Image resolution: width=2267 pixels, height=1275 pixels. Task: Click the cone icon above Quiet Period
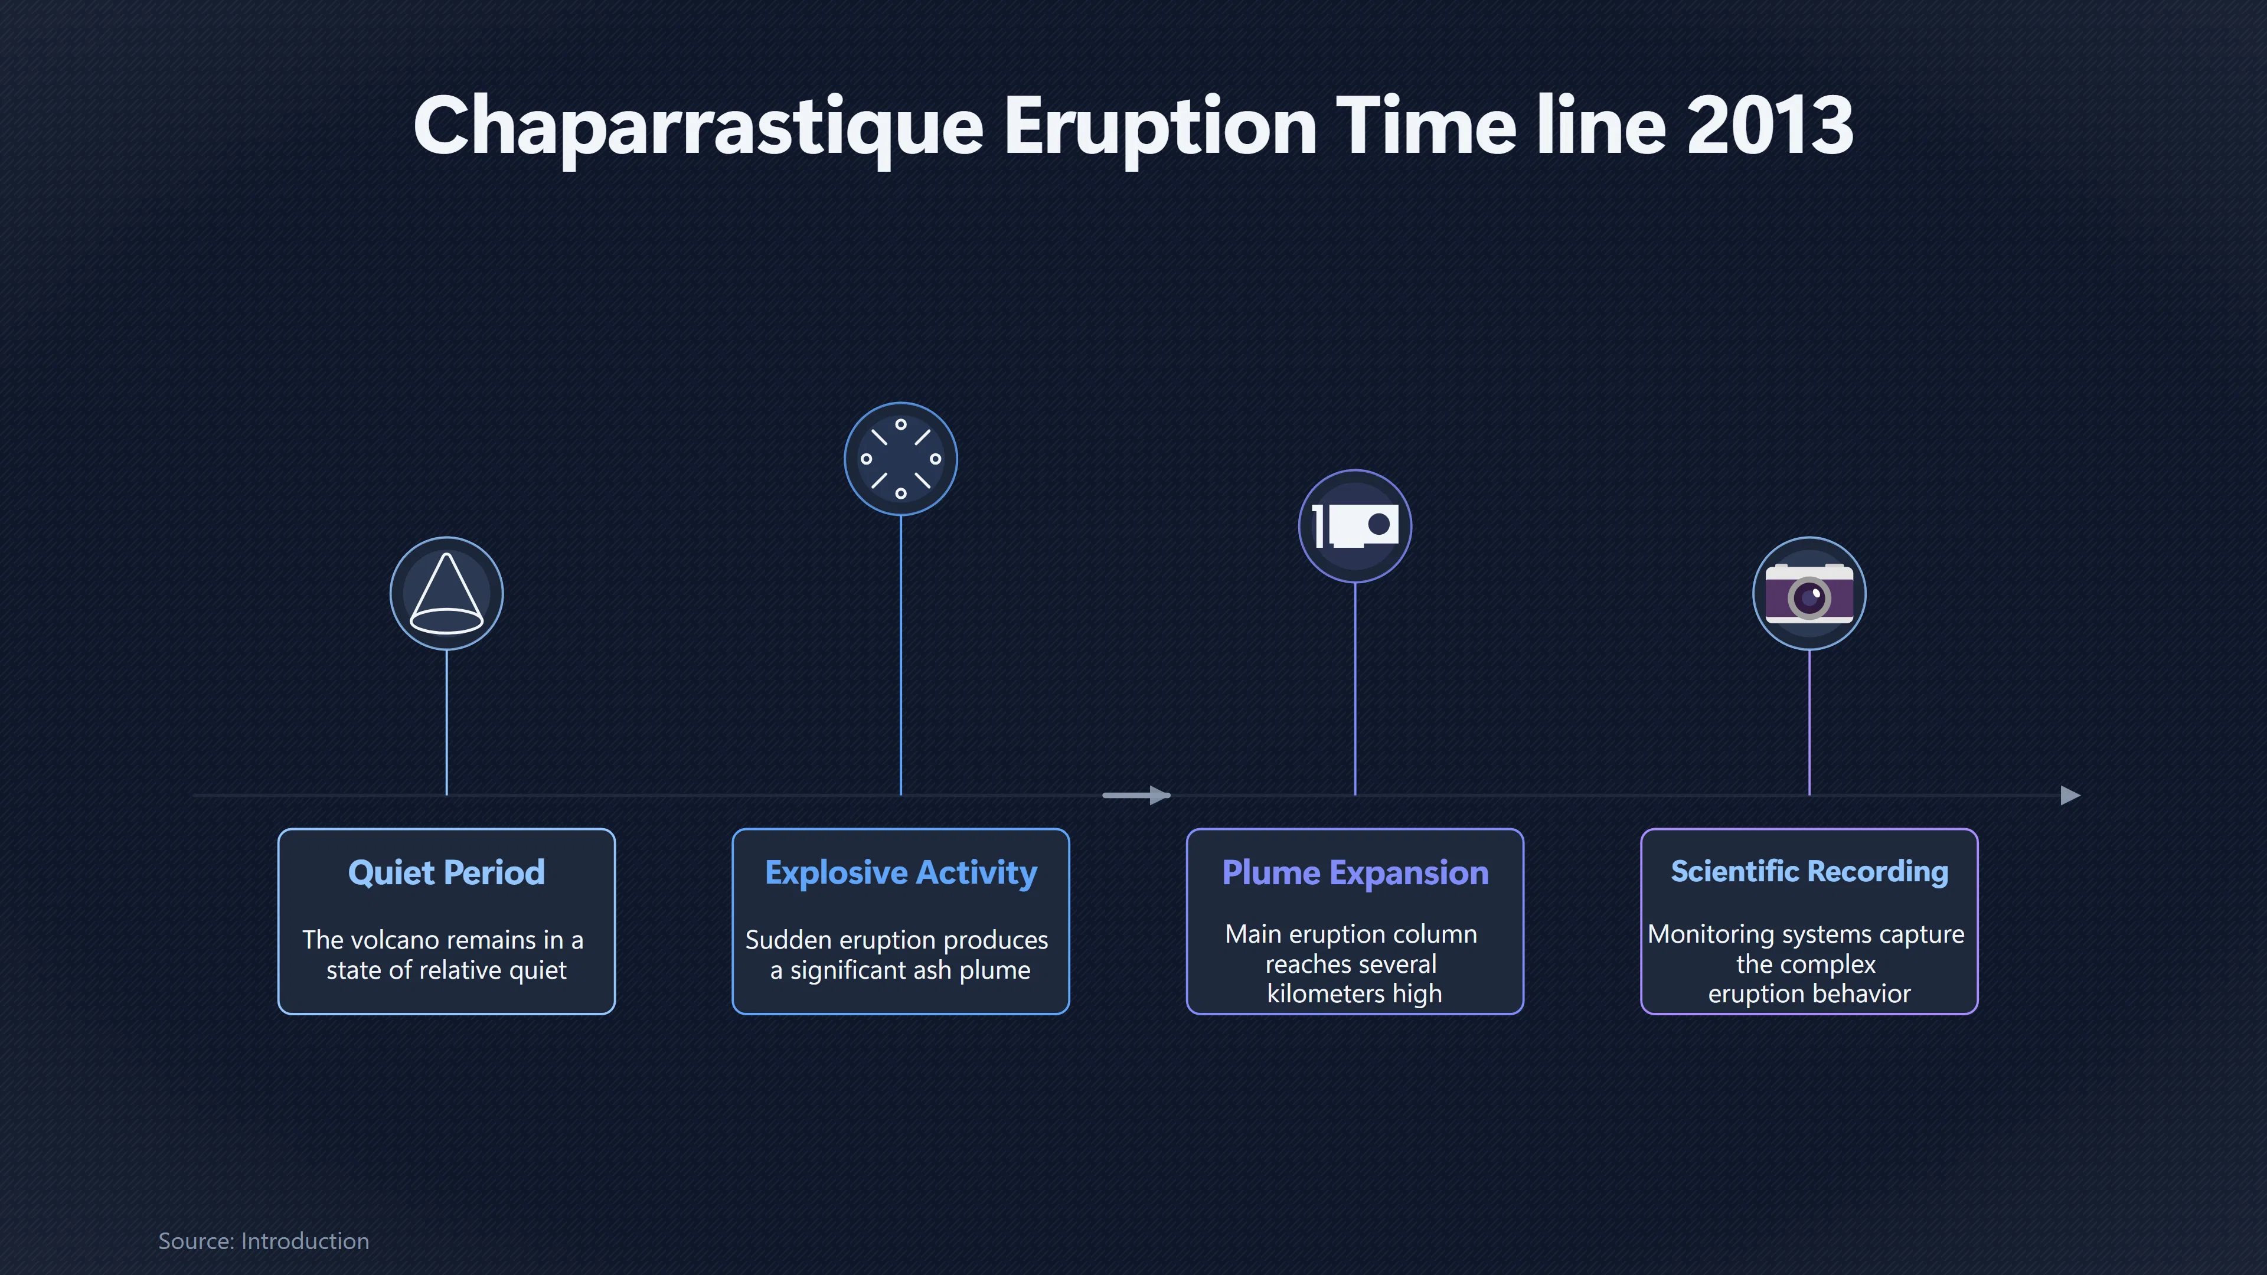click(447, 594)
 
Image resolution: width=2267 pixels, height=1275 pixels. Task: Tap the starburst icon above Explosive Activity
click(901, 459)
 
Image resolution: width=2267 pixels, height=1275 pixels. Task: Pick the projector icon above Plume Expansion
click(1355, 526)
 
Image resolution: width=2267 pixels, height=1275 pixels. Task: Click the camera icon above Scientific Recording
click(1809, 594)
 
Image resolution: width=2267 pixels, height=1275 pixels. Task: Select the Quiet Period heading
click(447, 873)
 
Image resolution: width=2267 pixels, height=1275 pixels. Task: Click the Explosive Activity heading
click(901, 873)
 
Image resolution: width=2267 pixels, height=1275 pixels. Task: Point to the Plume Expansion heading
click(1355, 873)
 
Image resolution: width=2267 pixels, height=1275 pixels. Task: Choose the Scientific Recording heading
click(1809, 871)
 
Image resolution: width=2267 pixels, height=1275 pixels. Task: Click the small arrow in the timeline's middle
click(1136, 796)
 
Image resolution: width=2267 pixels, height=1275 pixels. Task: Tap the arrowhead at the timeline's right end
click(2071, 796)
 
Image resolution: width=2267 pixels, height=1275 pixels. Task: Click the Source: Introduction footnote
click(264, 1241)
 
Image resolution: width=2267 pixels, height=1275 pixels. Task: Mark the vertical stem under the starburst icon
click(901, 656)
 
